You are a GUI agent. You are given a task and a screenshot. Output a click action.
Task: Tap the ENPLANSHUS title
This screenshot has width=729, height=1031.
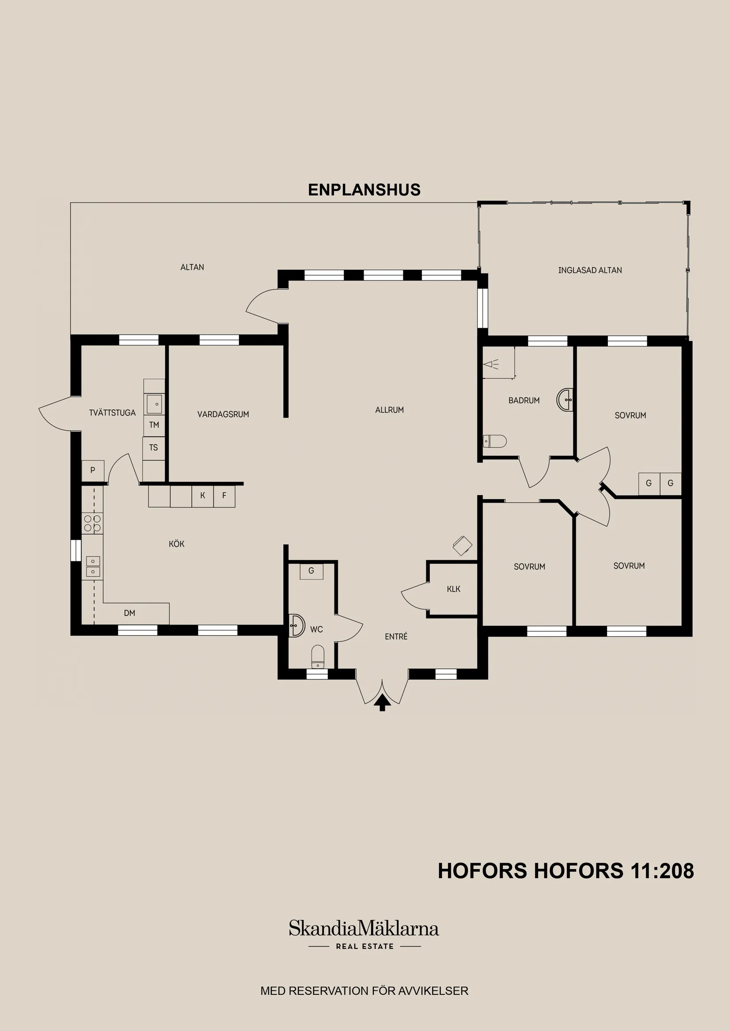tap(364, 190)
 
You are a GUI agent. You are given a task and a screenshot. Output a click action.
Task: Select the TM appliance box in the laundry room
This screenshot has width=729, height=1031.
tap(154, 425)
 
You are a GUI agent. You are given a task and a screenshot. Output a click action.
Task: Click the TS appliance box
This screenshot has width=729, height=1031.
tap(154, 448)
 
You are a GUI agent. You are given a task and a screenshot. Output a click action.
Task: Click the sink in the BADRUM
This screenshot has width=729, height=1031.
tap(566, 399)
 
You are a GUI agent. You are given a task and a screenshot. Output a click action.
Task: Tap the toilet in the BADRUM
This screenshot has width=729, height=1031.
tap(494, 441)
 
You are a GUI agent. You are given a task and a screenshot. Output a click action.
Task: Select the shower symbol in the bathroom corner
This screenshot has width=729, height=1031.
tap(492, 364)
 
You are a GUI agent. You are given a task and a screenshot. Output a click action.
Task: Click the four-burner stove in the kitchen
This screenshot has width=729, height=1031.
tap(92, 523)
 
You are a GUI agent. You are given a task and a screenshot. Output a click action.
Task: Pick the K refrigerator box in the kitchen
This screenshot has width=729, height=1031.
tap(203, 496)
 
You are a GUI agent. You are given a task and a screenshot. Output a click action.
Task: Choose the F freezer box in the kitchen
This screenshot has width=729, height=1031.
tap(224, 496)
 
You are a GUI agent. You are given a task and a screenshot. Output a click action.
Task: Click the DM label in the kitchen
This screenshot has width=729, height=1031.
tap(129, 613)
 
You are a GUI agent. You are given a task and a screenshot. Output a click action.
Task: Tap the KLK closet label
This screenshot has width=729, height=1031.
tap(454, 589)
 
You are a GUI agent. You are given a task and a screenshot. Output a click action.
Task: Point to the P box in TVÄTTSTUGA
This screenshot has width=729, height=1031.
tap(92, 470)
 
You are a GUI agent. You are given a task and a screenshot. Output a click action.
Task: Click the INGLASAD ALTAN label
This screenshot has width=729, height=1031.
tap(590, 270)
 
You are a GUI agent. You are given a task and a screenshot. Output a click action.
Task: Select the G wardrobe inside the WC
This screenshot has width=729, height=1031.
tap(311, 571)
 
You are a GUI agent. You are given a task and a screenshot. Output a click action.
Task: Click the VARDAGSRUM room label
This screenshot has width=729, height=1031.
tap(223, 414)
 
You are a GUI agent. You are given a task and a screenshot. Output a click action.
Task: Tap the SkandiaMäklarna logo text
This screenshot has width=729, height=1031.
tap(364, 929)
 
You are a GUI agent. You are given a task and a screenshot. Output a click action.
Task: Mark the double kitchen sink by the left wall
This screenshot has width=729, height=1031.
tap(92, 567)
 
